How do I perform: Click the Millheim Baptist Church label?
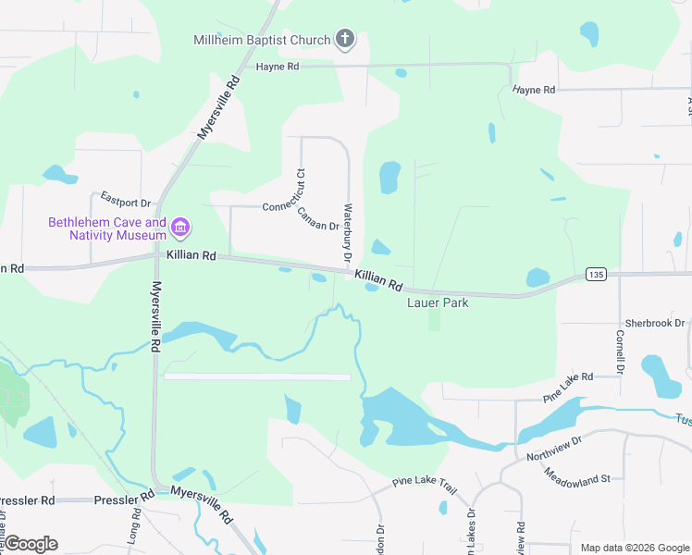click(262, 40)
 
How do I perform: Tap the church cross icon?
click(344, 40)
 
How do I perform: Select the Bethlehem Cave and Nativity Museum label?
click(107, 228)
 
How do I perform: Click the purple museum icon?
click(180, 227)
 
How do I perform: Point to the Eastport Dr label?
click(125, 201)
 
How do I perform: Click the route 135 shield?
click(596, 275)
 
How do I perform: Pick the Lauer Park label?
click(438, 302)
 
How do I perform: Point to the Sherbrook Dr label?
click(654, 323)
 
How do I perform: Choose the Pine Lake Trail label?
click(425, 482)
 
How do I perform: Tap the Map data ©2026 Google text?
click(634, 548)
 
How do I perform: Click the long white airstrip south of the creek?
click(257, 376)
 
